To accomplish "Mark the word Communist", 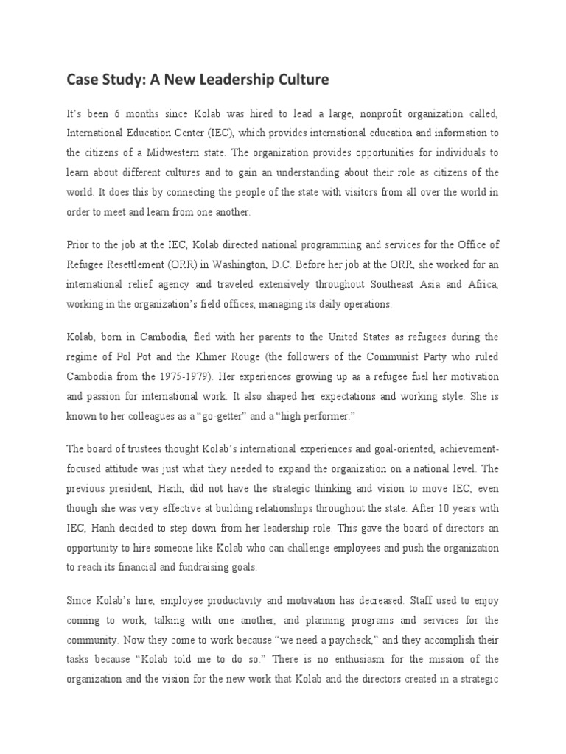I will (x=380, y=356).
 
